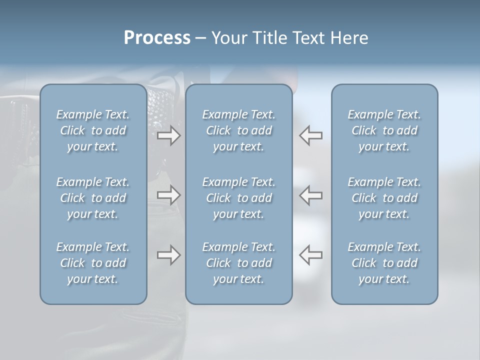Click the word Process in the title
(157, 38)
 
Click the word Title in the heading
(270, 38)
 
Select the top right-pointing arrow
(168, 135)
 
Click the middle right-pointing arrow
(168, 194)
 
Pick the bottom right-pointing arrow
(168, 255)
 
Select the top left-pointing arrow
(310, 135)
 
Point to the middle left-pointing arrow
(310, 194)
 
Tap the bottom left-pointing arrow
(310, 255)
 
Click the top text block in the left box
(93, 130)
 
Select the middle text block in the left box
(93, 197)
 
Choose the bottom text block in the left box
(93, 263)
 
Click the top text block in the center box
(238, 130)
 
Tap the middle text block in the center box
(238, 197)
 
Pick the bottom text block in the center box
(238, 263)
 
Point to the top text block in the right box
(384, 130)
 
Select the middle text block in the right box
(384, 197)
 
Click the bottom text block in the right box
(384, 263)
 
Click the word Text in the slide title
(310, 38)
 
